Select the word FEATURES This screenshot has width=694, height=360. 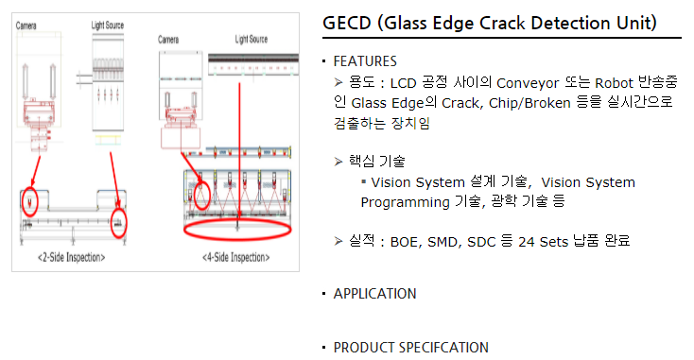tap(365, 61)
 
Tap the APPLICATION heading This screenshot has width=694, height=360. tap(374, 294)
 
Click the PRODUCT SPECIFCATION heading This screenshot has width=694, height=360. tap(410, 348)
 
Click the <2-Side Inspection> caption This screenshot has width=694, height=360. tap(72, 257)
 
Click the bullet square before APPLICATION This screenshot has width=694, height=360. tap(323, 294)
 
